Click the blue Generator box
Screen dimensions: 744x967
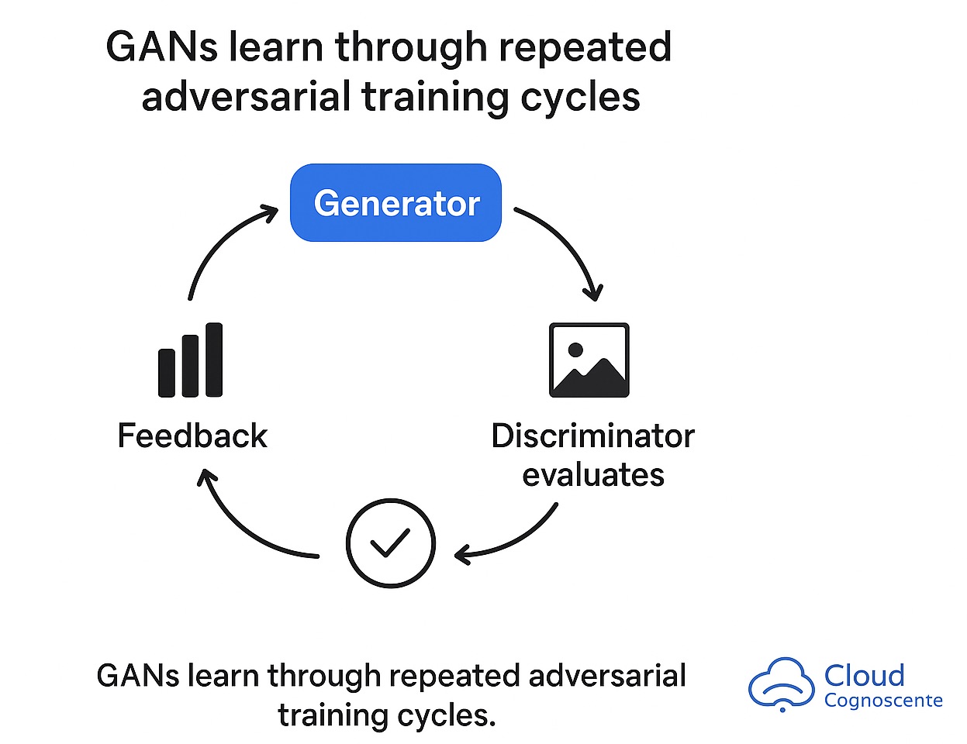pyautogui.click(x=395, y=203)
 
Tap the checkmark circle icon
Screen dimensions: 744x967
pyautogui.click(x=390, y=543)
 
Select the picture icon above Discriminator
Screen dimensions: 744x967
pyautogui.click(x=589, y=360)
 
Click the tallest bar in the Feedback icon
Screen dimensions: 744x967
pyautogui.click(x=214, y=360)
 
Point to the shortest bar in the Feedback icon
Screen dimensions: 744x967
pyautogui.click(x=167, y=373)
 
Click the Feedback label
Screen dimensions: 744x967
pyautogui.click(x=192, y=436)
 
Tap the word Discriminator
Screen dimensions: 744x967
pyautogui.click(x=592, y=436)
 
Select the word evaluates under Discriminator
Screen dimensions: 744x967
pyautogui.click(x=593, y=474)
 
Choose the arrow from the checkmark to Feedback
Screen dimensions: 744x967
pyautogui.click(x=244, y=527)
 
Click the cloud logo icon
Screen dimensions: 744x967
pyautogui.click(x=781, y=684)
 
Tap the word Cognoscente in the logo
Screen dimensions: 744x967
pyautogui.click(x=883, y=701)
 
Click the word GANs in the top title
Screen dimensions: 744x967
pyautogui.click(x=160, y=47)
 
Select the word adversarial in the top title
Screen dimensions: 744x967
pyautogui.click(x=247, y=98)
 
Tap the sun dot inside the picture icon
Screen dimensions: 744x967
pyautogui.click(x=575, y=350)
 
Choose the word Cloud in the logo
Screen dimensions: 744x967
pyautogui.click(x=864, y=675)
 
